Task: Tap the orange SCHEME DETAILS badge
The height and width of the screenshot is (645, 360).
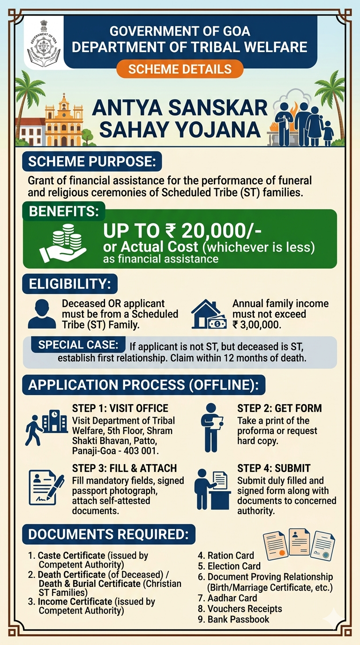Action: pyautogui.click(x=180, y=69)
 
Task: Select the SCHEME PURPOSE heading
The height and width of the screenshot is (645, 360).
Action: pyautogui.click(x=92, y=162)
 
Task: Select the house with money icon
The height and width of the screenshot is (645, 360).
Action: pyautogui.click(x=210, y=314)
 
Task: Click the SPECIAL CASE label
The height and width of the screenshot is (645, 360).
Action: pyautogui.click(x=78, y=345)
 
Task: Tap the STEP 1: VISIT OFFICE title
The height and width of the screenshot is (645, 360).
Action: pyautogui.click(x=120, y=408)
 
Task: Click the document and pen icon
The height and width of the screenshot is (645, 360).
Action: pyautogui.click(x=46, y=487)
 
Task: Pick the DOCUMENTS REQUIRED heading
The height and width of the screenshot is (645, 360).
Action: pyautogui.click(x=108, y=534)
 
